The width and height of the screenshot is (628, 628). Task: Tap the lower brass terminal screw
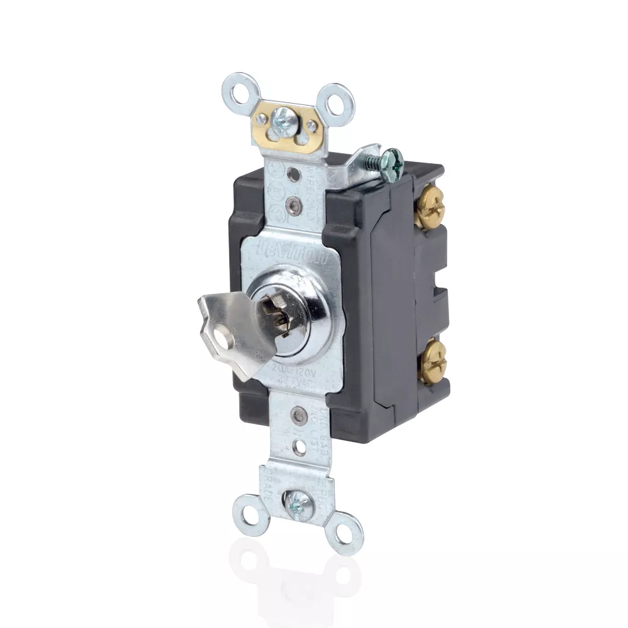[432, 363]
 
